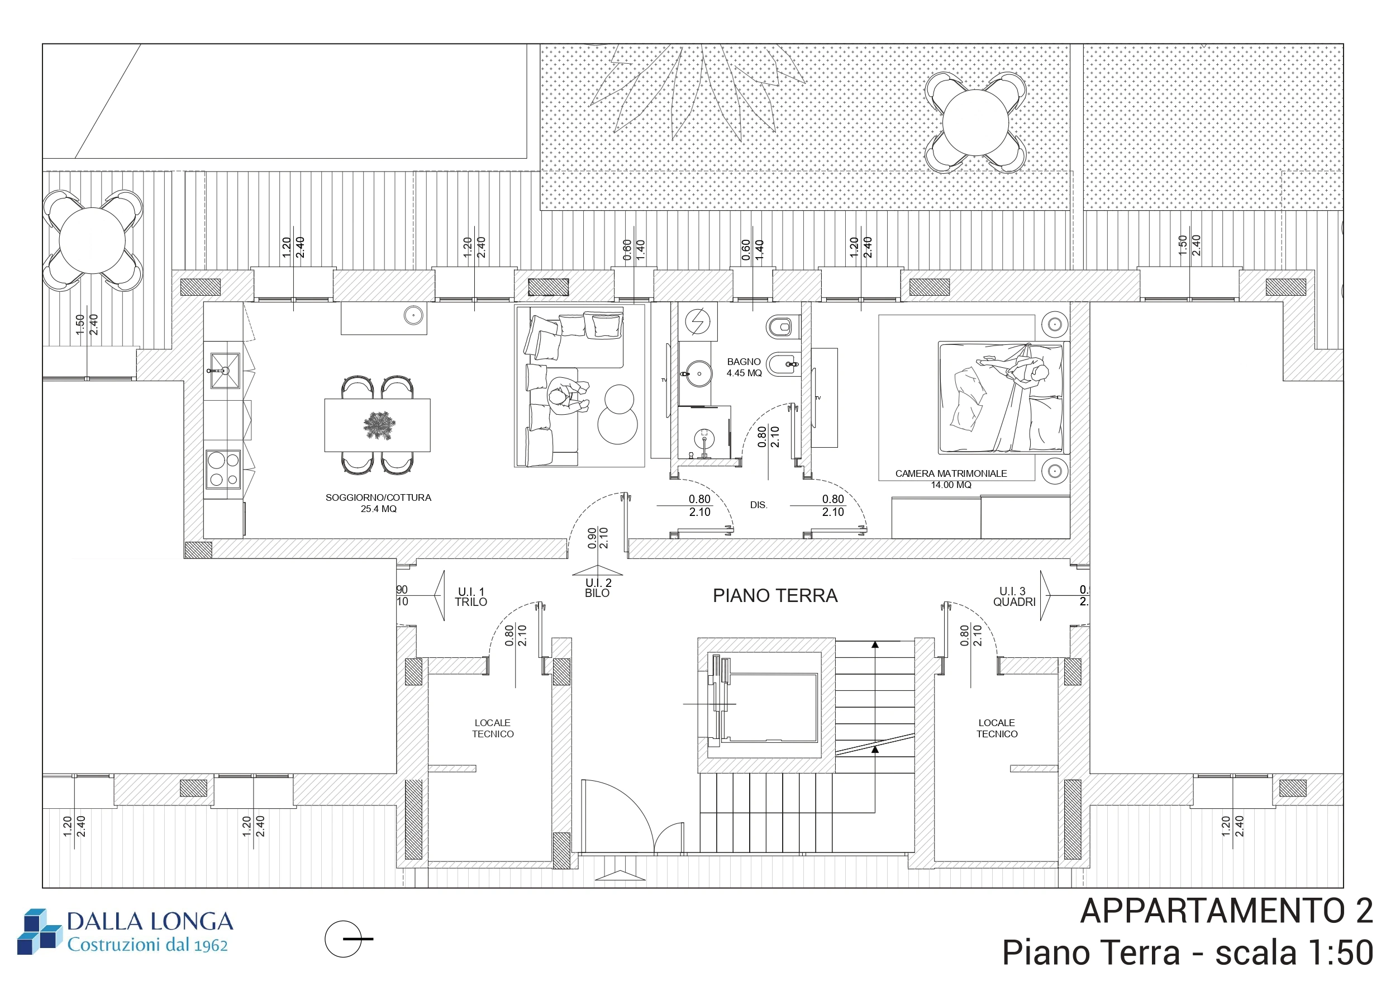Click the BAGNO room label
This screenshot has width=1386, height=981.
(x=744, y=362)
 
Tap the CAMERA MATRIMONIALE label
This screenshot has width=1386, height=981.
(x=951, y=473)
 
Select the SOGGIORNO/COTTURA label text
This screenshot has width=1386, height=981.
(x=379, y=497)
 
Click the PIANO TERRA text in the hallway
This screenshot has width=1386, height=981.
(x=775, y=596)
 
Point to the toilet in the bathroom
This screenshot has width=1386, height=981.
(x=782, y=328)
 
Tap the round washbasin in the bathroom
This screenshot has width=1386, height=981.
(x=699, y=374)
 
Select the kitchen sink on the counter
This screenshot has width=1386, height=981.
(x=225, y=370)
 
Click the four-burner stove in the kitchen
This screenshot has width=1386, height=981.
(x=224, y=470)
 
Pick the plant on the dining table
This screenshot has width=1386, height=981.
(x=380, y=425)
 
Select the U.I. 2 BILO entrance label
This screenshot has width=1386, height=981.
(x=598, y=587)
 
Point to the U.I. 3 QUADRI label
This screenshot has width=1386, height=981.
(x=1014, y=596)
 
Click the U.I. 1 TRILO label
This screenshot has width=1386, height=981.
(x=471, y=597)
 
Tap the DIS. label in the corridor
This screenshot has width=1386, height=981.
(x=759, y=505)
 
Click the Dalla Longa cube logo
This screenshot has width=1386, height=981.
(x=40, y=931)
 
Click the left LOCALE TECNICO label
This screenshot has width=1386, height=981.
(x=493, y=728)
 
